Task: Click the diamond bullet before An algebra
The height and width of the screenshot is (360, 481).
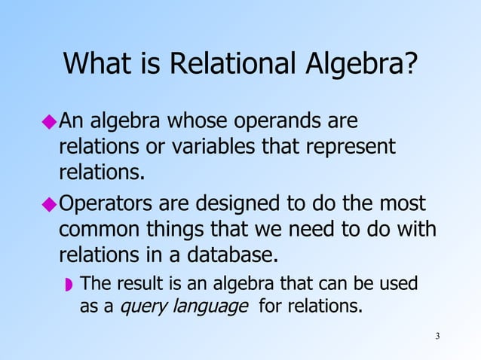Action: coord(50,121)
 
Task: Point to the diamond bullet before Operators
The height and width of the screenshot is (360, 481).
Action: coord(50,204)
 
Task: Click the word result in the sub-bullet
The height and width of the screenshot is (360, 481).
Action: coord(131,284)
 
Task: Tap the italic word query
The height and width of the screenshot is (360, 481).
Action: coord(145,307)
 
